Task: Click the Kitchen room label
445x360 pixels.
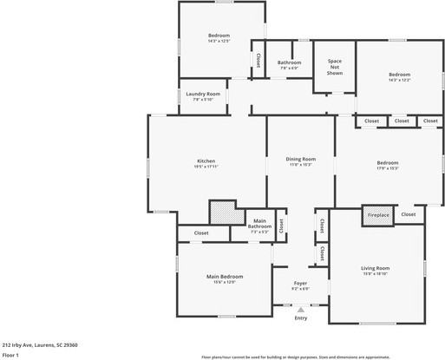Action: click(206, 162)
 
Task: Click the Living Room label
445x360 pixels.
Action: click(376, 271)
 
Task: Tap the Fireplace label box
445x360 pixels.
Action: click(378, 214)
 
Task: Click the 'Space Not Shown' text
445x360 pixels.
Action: click(335, 67)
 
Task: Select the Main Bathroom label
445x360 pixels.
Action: click(260, 226)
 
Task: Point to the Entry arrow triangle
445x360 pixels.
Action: click(300, 309)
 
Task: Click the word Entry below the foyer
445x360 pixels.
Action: click(300, 318)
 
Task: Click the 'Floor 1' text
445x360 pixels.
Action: click(11, 354)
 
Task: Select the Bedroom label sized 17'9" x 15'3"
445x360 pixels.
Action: click(387, 165)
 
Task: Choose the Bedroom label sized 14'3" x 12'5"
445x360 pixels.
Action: click(219, 37)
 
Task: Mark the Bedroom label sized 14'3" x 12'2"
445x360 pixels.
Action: click(399, 76)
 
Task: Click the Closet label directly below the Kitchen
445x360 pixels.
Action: click(200, 232)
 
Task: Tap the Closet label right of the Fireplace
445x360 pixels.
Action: click(408, 213)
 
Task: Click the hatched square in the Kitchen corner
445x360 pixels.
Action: click(221, 213)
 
